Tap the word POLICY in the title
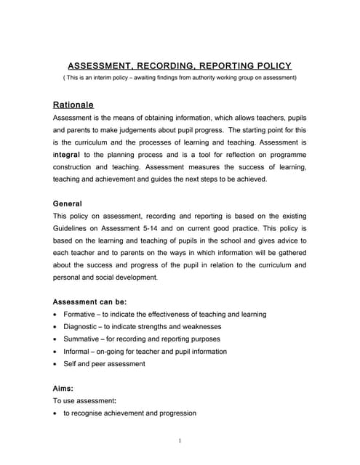coord(268,65)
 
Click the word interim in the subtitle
coord(113,77)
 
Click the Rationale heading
coord(73,105)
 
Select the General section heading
coord(68,204)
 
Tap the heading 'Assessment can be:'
coord(90,302)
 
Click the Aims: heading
coord(63,389)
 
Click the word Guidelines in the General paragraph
coord(73,229)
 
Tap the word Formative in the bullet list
coord(81,315)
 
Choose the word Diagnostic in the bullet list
coord(82,327)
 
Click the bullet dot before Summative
coord(56,339)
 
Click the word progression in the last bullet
coord(172,413)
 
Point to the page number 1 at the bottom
coord(180,441)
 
